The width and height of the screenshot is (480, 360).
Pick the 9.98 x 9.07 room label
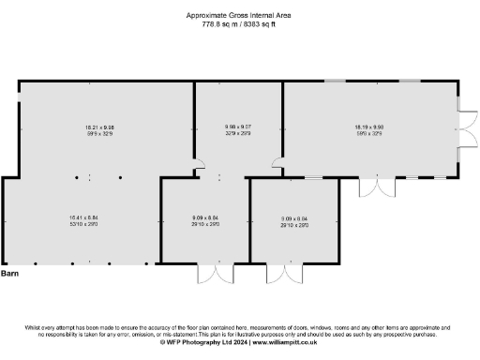pos(237,127)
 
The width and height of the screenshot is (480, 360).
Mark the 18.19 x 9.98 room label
pos(367,127)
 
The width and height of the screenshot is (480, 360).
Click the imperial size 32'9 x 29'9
pos(237,133)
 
